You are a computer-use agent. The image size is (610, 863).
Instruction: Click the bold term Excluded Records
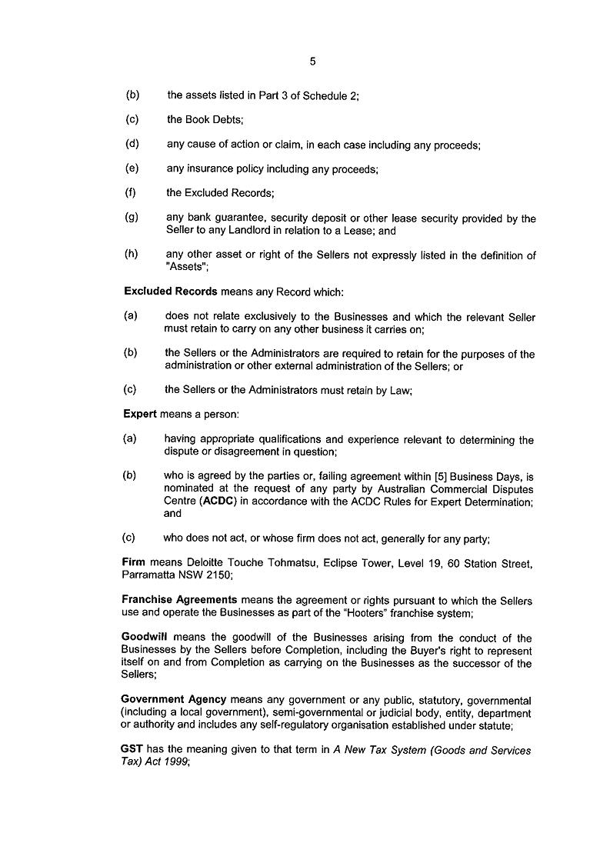pos(171,292)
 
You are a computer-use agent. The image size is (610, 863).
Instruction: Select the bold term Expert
pos(140,414)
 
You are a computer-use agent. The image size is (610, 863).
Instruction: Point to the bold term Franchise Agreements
pos(179,600)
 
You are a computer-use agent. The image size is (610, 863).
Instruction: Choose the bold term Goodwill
pos(146,638)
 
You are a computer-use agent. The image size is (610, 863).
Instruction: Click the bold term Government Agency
pos(174,699)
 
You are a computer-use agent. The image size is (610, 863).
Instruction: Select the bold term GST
pos(132,750)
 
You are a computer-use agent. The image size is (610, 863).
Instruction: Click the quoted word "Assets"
pos(186,268)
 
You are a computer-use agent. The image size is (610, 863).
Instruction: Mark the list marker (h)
pos(132,255)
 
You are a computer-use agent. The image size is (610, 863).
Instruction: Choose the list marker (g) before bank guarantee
pos(132,218)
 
